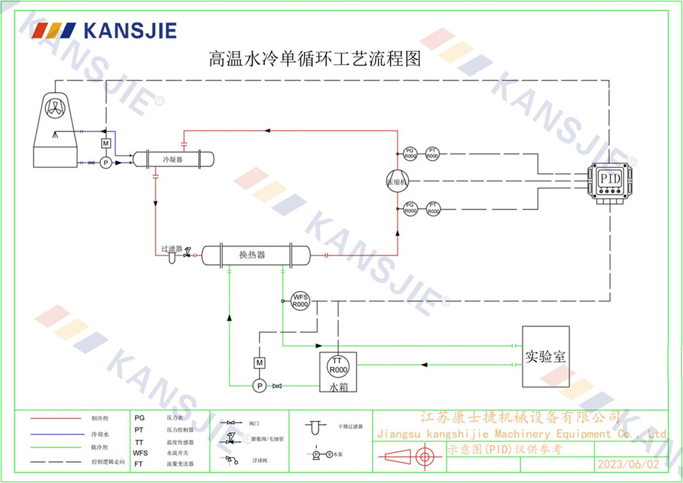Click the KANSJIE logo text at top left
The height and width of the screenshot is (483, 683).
coord(129,31)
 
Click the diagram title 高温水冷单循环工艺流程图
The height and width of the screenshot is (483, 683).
coord(314,58)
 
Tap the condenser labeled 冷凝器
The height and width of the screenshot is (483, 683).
coord(173,159)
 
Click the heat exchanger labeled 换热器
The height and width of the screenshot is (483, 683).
coord(252,255)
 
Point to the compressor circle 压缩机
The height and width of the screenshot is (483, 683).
coord(397,182)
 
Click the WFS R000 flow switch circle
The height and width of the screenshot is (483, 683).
coord(301,301)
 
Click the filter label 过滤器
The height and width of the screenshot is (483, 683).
coord(171,249)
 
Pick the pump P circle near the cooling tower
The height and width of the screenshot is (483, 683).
coord(105,163)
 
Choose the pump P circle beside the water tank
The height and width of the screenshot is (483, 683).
coord(259,386)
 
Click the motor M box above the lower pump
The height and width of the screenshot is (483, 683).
coord(259,361)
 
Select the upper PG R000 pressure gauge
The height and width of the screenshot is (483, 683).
coord(410,153)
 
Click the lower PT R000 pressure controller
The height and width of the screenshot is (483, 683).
coord(432,208)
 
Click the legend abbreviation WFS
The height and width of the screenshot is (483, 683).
coord(140,453)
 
